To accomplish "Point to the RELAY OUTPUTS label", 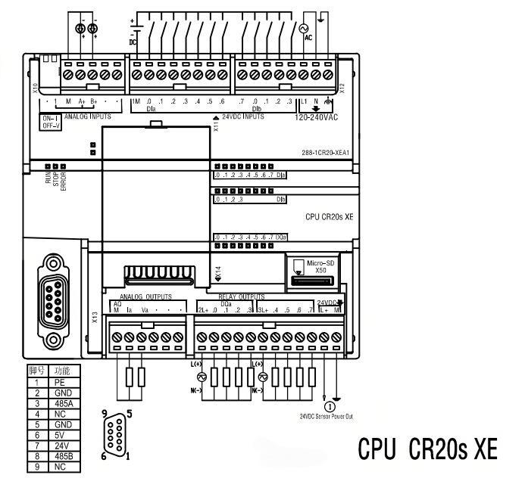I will click(242, 296).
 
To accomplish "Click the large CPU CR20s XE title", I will click(427, 449).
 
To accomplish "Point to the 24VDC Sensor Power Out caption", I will click(326, 415).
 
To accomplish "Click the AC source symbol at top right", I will click(308, 26).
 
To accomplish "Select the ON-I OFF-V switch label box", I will click(50, 123).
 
